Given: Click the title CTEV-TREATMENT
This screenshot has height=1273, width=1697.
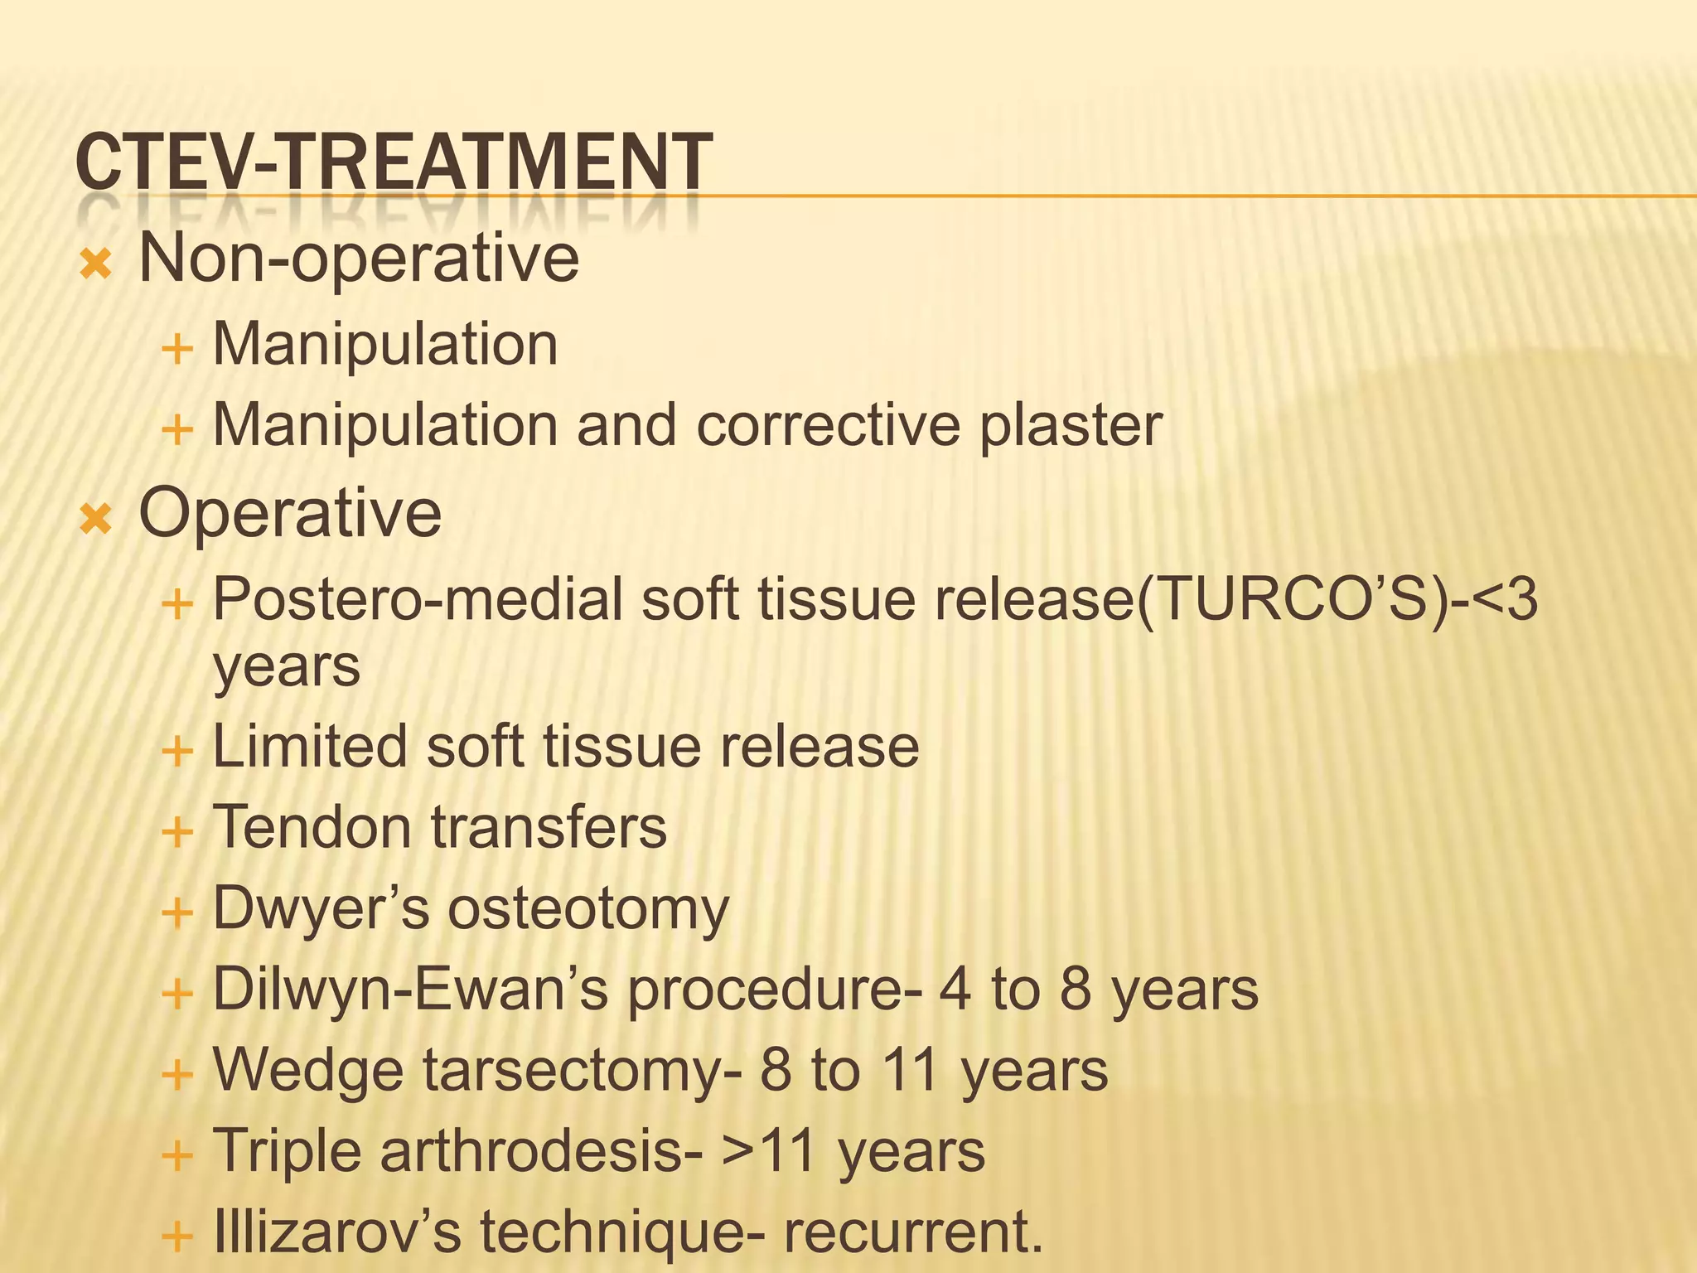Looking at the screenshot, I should click(394, 162).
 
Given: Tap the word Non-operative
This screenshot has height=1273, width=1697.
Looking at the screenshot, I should click(359, 259).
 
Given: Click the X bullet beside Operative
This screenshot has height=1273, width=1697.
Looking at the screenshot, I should click(96, 520).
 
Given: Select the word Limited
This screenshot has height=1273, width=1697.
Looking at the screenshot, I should click(310, 746).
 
